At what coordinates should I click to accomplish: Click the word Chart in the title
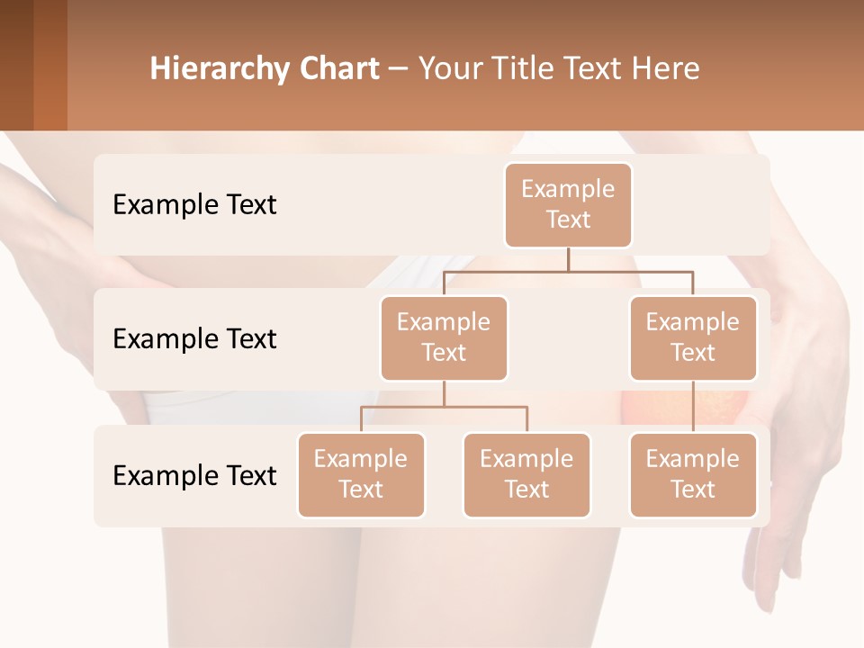tap(336, 68)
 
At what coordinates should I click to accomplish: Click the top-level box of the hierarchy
tap(568, 205)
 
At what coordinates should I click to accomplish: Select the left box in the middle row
tap(444, 338)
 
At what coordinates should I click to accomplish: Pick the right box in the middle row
tap(693, 338)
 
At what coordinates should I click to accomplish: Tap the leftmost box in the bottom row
tap(361, 475)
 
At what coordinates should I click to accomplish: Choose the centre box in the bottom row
tap(526, 475)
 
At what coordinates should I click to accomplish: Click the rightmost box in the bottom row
tap(693, 475)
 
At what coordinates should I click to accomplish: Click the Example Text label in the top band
tap(194, 205)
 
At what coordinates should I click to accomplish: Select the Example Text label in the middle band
tap(194, 339)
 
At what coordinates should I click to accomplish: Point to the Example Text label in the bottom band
tap(194, 476)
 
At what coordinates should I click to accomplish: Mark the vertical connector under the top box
tap(568, 259)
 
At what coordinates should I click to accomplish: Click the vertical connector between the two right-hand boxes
tap(693, 407)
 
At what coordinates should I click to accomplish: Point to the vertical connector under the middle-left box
tap(444, 393)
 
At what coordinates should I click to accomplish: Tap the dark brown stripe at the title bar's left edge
tap(16, 65)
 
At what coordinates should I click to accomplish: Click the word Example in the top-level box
tap(568, 189)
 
